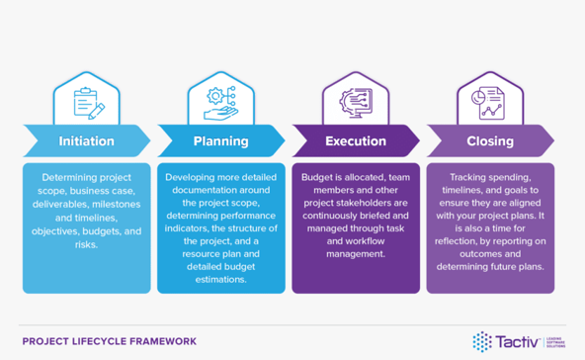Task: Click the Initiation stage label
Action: (86, 140)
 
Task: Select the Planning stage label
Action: (220, 140)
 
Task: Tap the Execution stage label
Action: (356, 140)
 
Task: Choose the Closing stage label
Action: (490, 140)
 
